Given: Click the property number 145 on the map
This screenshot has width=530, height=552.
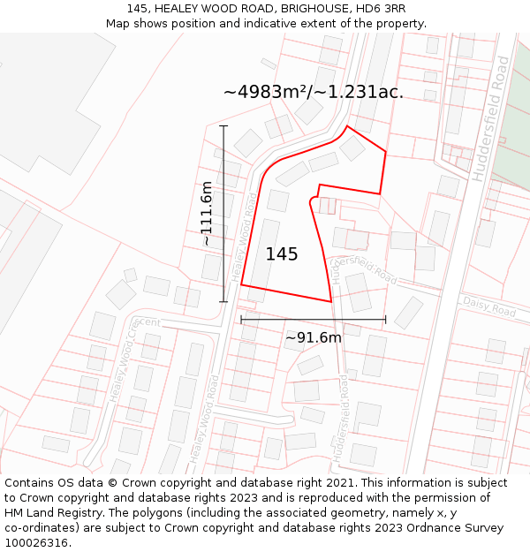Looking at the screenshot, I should coord(282,254).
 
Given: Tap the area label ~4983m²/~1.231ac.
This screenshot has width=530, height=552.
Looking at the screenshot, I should coord(314,92).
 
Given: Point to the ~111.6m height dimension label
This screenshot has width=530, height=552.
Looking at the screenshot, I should coord(206,213).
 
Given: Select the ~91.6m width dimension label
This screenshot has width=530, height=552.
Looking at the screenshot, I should coord(313,337).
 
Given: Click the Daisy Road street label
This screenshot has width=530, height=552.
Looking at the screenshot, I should coord(489,307).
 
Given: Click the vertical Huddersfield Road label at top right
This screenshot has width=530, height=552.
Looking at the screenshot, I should coord(490,118).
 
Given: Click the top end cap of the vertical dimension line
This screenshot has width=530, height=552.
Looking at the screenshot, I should coord(223,126).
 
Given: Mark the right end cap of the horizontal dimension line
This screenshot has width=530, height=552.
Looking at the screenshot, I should coord(385,320).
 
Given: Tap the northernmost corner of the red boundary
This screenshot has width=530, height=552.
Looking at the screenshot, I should coord(347,126).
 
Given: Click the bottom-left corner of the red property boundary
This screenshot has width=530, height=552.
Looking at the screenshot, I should coord(241,286).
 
